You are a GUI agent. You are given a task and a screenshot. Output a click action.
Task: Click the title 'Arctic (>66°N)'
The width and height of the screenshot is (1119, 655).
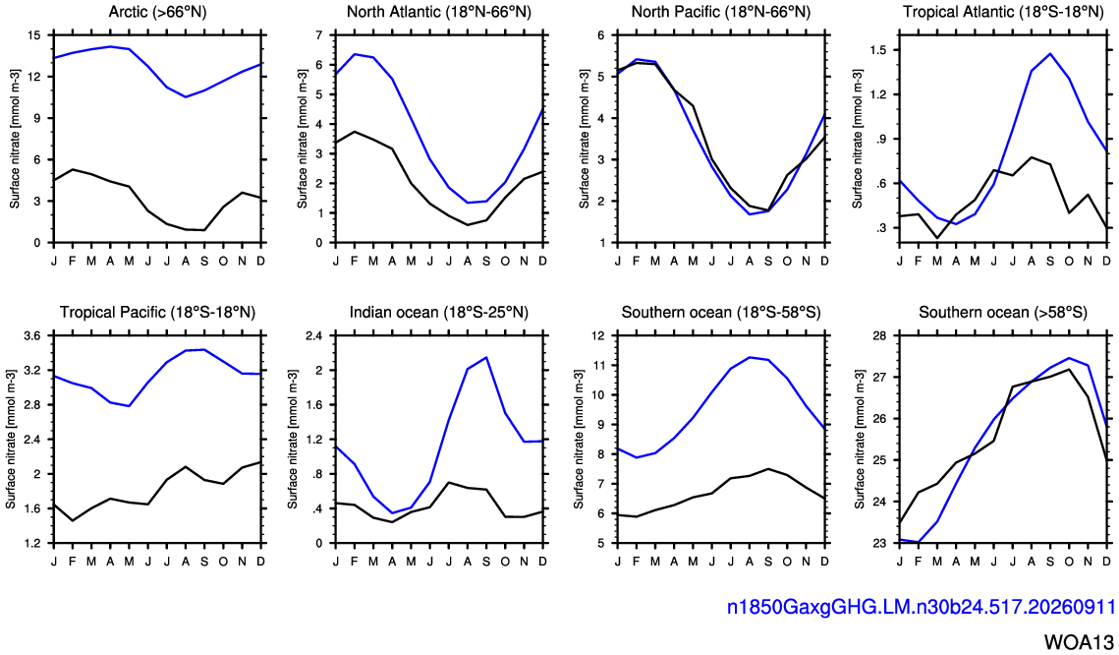158,12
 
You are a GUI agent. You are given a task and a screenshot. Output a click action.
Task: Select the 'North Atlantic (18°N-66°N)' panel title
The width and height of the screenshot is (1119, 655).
439,12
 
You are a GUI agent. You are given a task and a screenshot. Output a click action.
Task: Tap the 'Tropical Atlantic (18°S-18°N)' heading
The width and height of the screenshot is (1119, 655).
1003,12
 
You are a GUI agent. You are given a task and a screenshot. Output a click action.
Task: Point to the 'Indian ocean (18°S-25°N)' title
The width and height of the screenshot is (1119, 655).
439,312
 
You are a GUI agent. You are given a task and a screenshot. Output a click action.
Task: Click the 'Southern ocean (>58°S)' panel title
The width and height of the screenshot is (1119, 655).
1003,312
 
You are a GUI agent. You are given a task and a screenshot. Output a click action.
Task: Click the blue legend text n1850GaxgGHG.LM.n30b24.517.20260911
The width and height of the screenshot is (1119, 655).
921,607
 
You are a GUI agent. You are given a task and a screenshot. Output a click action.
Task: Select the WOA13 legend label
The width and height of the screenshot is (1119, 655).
1080,640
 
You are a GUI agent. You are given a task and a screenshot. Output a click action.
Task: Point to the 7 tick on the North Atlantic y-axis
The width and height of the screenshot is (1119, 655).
319,35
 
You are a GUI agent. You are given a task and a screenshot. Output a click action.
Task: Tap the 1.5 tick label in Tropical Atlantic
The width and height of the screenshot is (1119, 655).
877,50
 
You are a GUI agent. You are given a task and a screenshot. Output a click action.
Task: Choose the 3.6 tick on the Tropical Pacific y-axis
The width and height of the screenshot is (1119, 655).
32,335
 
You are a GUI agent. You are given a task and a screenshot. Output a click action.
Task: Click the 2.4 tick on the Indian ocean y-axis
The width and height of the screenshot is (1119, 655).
314,335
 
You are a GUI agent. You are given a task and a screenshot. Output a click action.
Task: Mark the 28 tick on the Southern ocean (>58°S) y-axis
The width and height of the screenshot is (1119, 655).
880,335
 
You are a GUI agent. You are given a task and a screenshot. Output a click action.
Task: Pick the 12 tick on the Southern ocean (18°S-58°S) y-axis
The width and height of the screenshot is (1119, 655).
598,335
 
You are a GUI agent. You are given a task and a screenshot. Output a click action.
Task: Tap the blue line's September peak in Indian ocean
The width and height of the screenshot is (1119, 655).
486,357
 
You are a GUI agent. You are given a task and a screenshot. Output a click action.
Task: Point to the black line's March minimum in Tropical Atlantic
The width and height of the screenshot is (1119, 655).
937,238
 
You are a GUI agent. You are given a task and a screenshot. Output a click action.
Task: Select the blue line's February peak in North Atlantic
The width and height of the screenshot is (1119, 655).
355,53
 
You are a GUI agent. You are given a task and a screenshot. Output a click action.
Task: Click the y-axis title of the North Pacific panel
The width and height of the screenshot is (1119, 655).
584,139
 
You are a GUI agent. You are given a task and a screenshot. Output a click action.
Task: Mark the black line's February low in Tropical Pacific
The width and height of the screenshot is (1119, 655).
73,520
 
